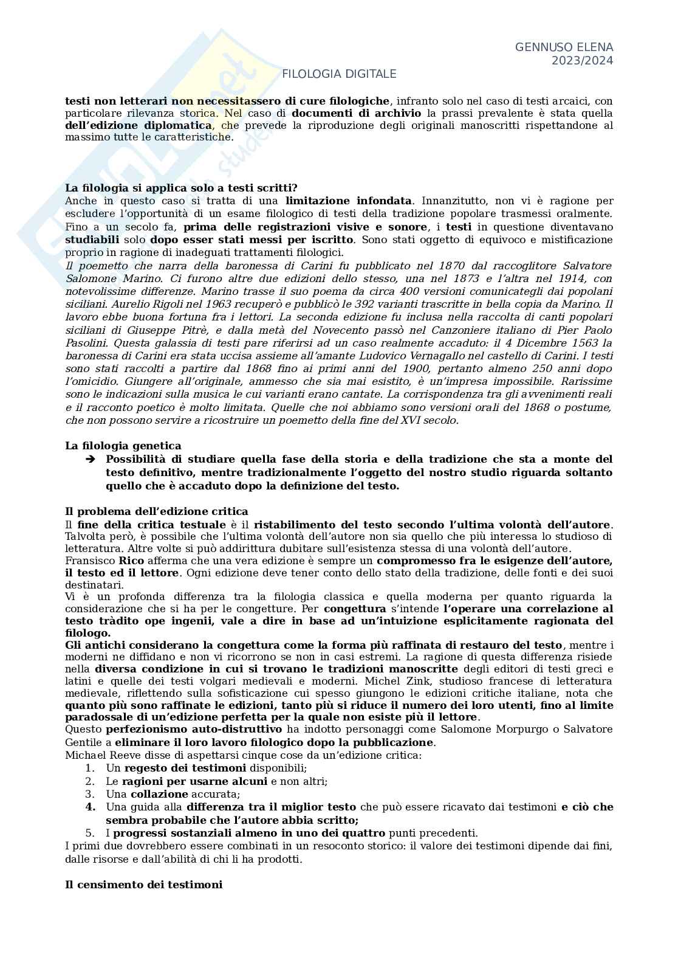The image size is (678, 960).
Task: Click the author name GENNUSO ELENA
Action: coord(564,47)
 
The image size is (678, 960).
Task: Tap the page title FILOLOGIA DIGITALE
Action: coord(339,74)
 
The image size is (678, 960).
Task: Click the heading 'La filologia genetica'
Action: coord(123,446)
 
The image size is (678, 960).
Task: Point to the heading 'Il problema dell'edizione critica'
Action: coord(157,512)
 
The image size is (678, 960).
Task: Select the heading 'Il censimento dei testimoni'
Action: coord(144,885)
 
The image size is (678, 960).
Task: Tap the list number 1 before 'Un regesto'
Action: coord(89,768)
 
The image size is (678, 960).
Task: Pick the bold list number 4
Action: coord(90,807)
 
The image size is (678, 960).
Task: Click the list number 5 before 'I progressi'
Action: coord(89,833)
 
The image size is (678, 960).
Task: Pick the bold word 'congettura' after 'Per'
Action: coord(355,609)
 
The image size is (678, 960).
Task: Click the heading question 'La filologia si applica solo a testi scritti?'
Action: coord(181,188)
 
